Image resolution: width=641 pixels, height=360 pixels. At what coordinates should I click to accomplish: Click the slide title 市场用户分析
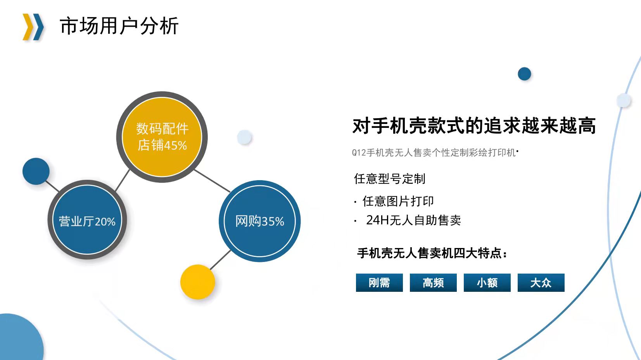(x=119, y=26)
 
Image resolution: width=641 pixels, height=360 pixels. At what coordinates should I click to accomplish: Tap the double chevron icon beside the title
(x=33, y=27)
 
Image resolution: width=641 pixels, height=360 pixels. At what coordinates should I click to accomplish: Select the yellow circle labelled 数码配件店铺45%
(x=162, y=137)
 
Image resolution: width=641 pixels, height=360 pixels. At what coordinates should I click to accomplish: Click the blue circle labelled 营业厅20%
(x=87, y=220)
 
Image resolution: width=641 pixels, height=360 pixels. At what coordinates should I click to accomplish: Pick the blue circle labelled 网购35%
(x=259, y=221)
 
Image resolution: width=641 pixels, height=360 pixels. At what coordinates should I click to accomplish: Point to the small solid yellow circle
(x=198, y=282)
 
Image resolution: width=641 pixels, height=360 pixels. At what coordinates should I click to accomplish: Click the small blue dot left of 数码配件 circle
(x=36, y=171)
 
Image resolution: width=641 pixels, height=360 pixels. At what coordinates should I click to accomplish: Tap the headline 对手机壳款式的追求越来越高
(x=474, y=126)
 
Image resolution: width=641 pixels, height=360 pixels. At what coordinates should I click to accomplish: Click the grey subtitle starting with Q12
(x=434, y=153)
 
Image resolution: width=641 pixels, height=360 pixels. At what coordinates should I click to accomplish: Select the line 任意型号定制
(x=390, y=179)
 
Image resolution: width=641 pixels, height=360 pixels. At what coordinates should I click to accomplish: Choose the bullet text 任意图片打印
(x=398, y=201)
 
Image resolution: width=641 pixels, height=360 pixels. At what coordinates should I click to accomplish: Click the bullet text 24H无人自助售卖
(x=413, y=220)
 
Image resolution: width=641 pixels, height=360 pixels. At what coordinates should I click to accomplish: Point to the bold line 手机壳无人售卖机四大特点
(x=432, y=253)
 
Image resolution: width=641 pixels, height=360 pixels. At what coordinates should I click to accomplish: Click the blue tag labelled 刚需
(x=379, y=283)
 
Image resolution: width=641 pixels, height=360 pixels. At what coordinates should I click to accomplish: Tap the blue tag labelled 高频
(x=433, y=283)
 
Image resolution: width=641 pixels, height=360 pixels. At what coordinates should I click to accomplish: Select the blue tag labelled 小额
(x=487, y=283)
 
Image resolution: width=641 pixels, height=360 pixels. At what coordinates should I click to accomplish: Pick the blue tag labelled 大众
(x=541, y=283)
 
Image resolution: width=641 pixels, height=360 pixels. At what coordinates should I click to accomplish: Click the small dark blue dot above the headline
(x=524, y=74)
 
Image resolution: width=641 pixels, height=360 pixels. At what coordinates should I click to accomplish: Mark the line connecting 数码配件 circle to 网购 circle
(x=212, y=181)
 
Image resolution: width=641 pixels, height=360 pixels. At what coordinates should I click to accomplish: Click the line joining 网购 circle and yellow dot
(x=220, y=260)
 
